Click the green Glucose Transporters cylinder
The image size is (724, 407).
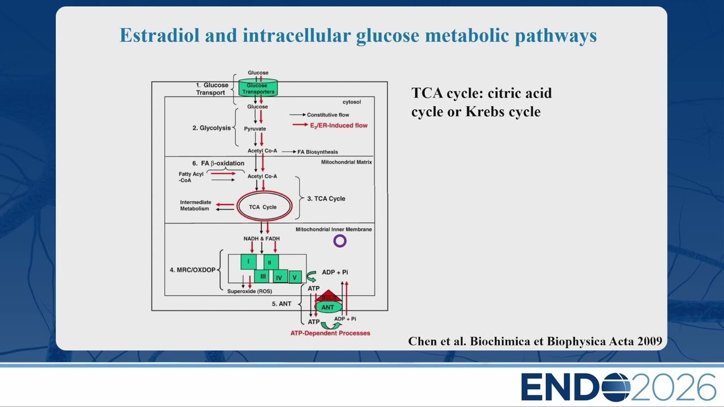258,88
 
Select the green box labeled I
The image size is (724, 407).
248,262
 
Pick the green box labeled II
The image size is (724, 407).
271,262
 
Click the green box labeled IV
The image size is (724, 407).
280,277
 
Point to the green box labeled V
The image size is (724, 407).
295,277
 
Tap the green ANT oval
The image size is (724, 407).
328,307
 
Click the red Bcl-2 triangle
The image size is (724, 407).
328,296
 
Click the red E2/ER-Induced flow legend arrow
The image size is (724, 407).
300,125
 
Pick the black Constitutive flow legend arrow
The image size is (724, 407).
298,115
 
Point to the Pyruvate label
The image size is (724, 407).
255,128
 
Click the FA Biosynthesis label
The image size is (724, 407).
317,152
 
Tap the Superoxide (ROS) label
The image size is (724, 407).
249,291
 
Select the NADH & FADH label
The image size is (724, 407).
261,239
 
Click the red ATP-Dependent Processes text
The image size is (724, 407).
330,333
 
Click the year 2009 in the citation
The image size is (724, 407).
650,341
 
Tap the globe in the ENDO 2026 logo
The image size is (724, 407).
615,387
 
